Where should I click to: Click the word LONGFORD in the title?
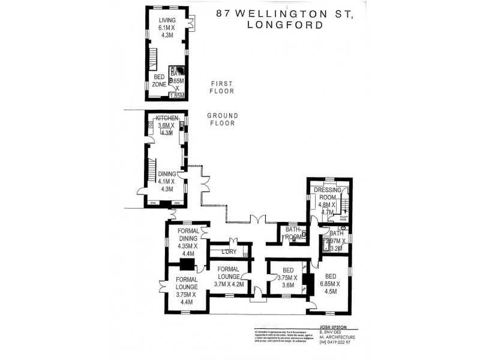[284, 25]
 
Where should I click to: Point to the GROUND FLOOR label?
[223, 119]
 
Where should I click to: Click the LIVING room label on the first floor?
[167, 20]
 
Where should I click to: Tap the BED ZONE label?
[159, 81]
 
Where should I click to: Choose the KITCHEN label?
[166, 118]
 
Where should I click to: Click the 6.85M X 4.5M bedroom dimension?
[330, 287]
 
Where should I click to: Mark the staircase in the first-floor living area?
[152, 59]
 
